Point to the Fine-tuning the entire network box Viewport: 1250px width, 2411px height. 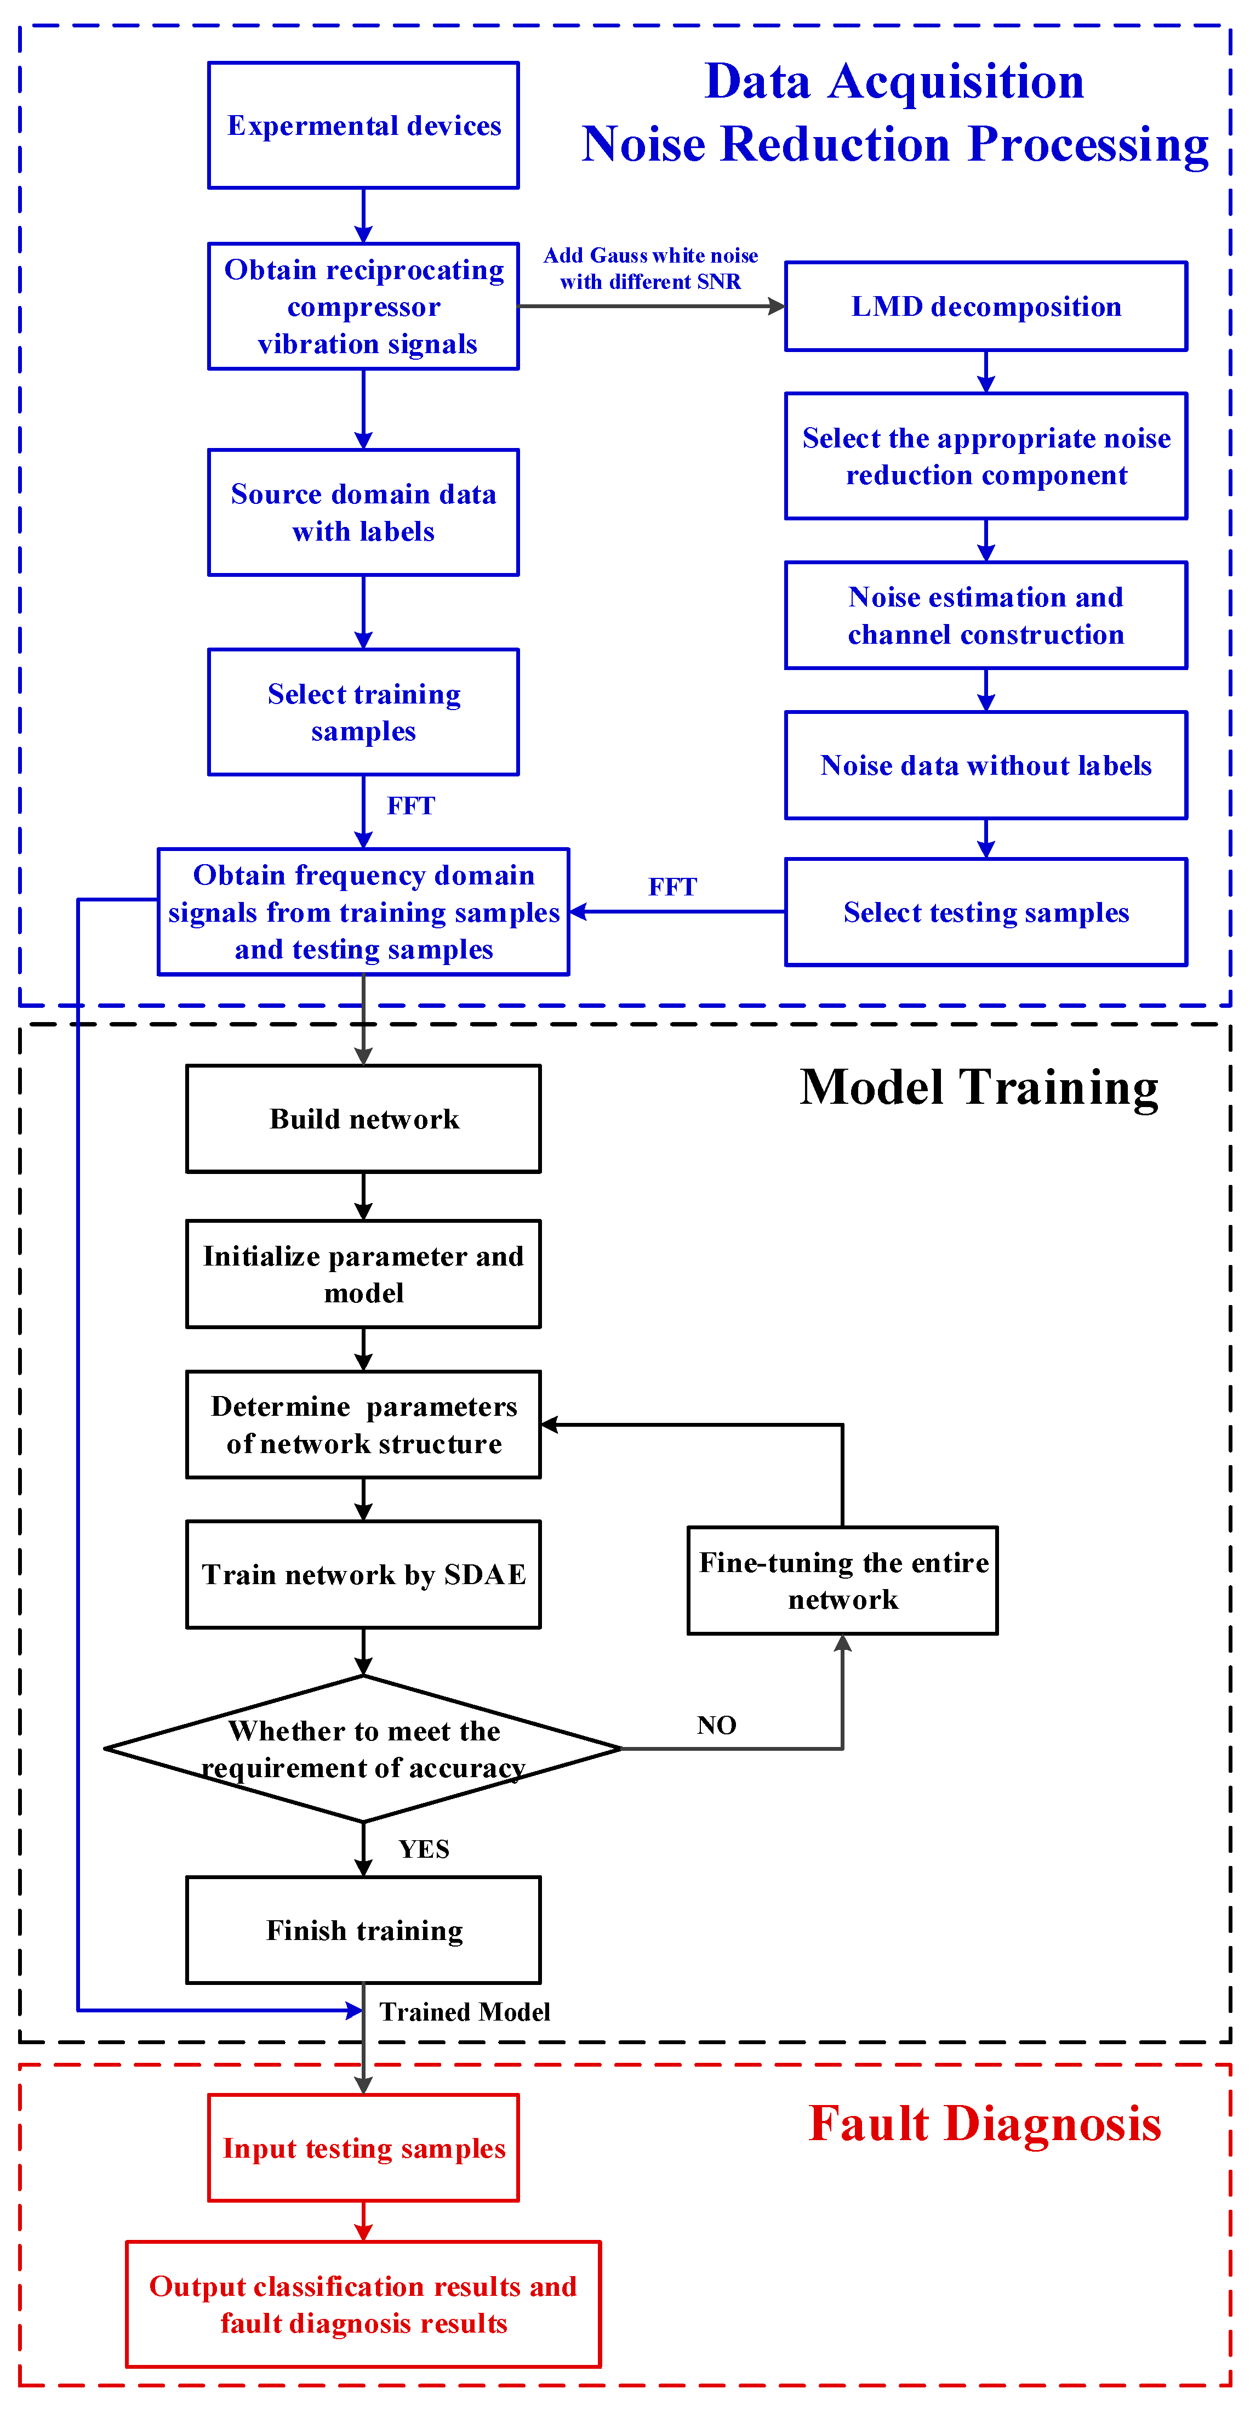pos(842,1581)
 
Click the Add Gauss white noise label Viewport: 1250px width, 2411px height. pos(650,269)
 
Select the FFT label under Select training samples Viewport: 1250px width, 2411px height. pos(411,806)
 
